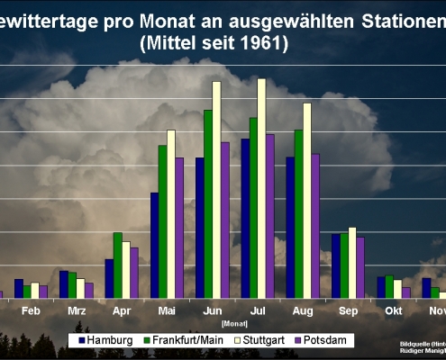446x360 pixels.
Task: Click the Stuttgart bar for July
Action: coord(261,188)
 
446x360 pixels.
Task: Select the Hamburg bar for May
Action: coord(155,245)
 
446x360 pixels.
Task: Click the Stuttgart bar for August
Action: coord(306,200)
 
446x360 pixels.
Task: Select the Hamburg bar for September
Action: coord(336,265)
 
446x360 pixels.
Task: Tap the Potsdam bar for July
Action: coord(270,216)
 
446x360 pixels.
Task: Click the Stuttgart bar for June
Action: coord(216,189)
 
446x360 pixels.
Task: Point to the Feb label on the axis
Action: coord(31,310)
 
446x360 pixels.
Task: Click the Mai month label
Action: coord(167,310)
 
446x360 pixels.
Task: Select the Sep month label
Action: coord(348,310)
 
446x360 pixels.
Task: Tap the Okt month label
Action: coord(394,310)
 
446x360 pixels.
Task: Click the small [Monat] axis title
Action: coord(233,321)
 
